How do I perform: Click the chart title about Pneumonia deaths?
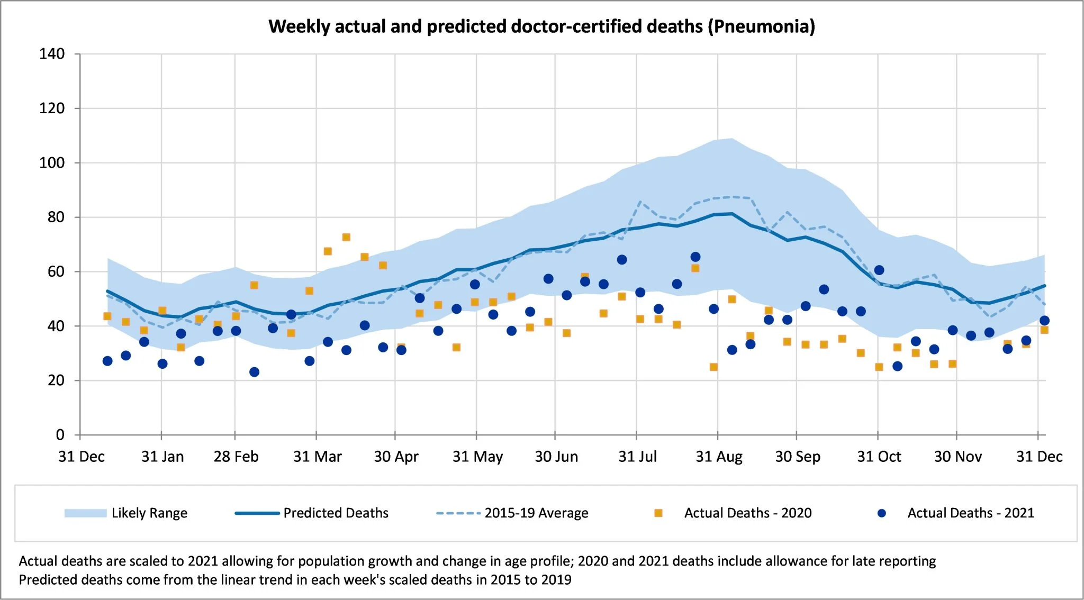coord(541,26)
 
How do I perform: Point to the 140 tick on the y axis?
coord(52,54)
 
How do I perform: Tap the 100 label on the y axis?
coord(52,163)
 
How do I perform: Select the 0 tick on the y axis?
coord(60,435)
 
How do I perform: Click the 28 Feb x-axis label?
coord(236,457)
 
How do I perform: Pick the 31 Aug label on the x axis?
coord(719,457)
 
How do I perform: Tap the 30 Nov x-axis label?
coord(957,457)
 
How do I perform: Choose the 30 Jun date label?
coord(556,457)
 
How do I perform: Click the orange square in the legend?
coord(658,513)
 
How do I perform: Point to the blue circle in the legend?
coord(882,513)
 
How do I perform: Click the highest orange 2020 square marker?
coord(346,237)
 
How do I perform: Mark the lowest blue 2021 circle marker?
coord(254,372)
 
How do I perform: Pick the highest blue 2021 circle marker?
coord(695,257)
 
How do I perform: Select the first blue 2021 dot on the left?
coord(107,361)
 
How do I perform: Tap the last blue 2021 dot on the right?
coord(1044,321)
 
